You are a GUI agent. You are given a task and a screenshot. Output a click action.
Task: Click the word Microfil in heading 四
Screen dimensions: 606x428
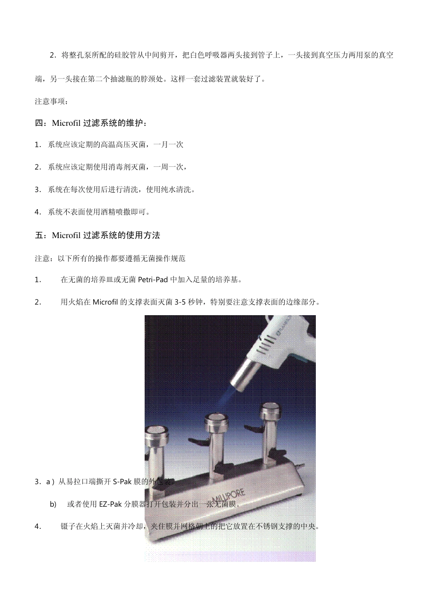[x=67, y=123]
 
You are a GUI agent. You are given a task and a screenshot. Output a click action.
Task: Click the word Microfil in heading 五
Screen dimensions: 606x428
[x=67, y=235]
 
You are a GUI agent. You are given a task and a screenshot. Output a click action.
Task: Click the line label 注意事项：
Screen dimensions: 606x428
[x=52, y=101]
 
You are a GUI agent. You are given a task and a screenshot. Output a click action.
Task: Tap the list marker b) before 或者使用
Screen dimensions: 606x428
[x=53, y=504]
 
